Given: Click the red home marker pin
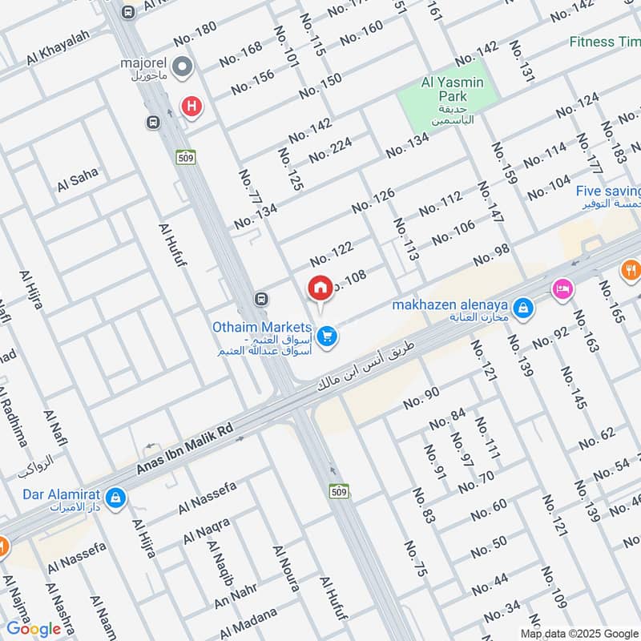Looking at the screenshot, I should [320, 288].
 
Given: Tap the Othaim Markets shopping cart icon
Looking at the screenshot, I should [325, 337].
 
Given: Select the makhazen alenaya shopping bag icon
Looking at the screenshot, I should [522, 308].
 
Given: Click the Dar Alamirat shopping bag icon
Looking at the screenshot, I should [117, 498].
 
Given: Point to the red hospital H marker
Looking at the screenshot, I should [191, 105].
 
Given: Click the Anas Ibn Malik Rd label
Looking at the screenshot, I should [183, 454].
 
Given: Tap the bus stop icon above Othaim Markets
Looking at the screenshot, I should [260, 300].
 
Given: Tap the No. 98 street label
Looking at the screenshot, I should [491, 256].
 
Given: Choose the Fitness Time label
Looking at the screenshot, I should [605, 42].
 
